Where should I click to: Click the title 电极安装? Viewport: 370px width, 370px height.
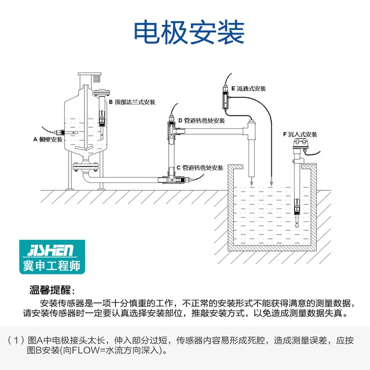tap(189, 33)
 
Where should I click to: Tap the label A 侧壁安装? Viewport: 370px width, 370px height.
tap(48, 140)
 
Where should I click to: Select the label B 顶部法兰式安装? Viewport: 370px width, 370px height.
tap(132, 102)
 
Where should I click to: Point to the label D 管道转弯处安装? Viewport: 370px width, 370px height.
tap(201, 120)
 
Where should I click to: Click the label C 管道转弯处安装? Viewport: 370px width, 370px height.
tap(200, 168)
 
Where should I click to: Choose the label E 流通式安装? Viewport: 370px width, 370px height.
tap(249, 89)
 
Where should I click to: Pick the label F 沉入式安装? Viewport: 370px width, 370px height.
tap(300, 135)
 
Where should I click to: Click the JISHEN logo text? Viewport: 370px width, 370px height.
tap(50, 250)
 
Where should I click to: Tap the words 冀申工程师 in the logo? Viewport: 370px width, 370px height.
tap(52, 265)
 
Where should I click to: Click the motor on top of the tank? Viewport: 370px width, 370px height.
tap(97, 78)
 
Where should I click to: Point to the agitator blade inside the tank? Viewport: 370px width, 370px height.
tap(84, 148)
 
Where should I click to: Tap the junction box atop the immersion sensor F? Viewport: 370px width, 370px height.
tap(300, 143)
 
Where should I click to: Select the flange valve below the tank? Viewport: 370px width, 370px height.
tap(85, 166)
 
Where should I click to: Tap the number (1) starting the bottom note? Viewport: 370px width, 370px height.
tap(16, 340)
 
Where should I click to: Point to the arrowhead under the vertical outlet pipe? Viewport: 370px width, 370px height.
tap(252, 184)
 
